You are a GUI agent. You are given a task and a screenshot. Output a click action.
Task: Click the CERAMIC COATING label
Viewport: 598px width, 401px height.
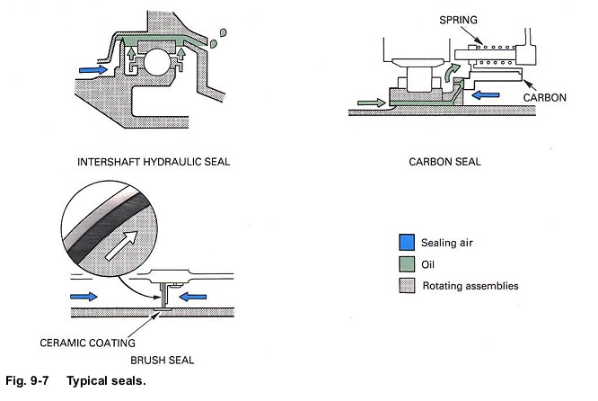click(x=88, y=343)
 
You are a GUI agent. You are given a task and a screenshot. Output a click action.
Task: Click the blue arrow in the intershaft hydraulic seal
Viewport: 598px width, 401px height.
click(x=92, y=67)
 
